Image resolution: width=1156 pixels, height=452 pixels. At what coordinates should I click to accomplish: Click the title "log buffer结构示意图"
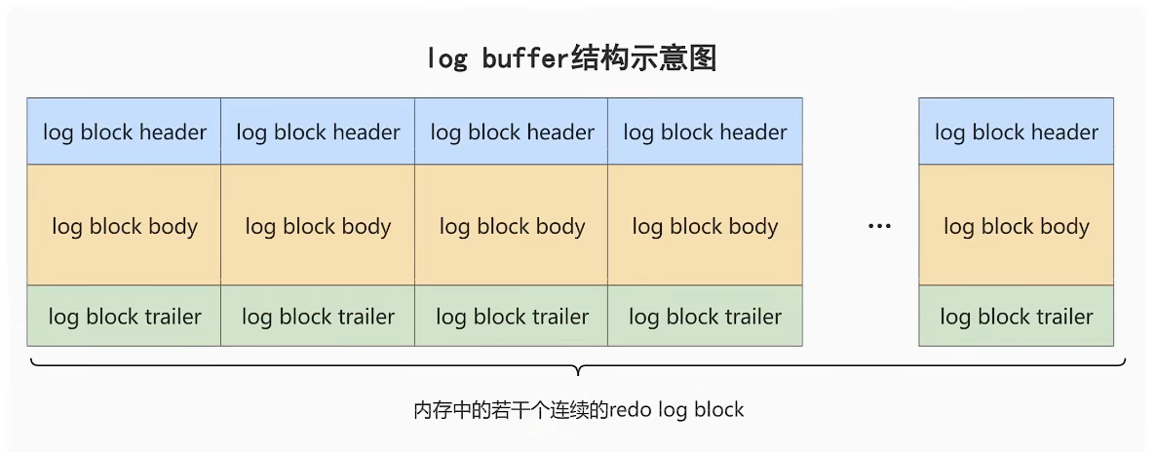click(572, 59)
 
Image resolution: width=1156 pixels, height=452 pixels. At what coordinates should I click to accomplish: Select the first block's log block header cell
click(124, 132)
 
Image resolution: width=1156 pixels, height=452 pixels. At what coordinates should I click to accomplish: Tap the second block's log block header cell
click(318, 132)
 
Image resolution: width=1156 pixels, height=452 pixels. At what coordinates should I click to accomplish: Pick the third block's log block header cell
click(512, 132)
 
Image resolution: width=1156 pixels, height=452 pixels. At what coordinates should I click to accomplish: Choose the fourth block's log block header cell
click(705, 132)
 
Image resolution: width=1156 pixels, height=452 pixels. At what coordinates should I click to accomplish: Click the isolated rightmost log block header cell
click(1016, 132)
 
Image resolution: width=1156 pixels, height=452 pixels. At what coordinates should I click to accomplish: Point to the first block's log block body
click(124, 226)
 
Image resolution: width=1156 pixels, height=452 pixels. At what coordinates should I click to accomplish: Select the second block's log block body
click(318, 226)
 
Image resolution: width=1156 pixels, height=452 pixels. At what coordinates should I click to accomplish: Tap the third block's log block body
click(512, 226)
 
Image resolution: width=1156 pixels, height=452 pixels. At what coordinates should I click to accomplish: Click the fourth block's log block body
click(705, 226)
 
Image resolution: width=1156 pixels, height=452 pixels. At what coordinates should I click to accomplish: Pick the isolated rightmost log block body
click(1016, 226)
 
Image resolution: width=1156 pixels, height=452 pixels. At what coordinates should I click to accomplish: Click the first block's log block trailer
click(124, 317)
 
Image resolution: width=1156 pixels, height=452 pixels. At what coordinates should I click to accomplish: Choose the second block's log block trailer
click(318, 317)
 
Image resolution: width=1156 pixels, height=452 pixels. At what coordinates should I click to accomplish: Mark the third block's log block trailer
click(512, 317)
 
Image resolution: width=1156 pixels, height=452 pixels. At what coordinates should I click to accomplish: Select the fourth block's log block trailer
click(705, 317)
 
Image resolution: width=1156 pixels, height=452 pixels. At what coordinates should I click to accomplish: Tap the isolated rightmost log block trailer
click(1016, 317)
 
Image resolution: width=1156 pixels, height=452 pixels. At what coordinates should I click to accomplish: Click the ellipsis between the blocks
click(879, 227)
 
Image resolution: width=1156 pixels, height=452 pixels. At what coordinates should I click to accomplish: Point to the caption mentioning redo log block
click(578, 410)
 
